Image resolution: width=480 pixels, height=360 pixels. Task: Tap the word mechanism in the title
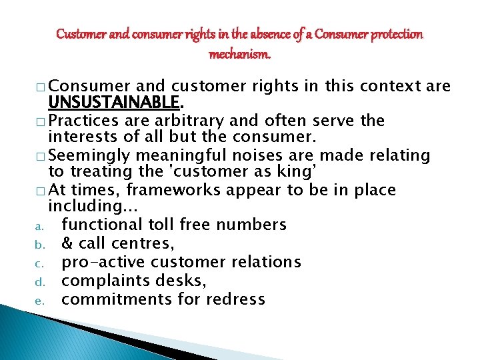[x=239, y=53]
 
